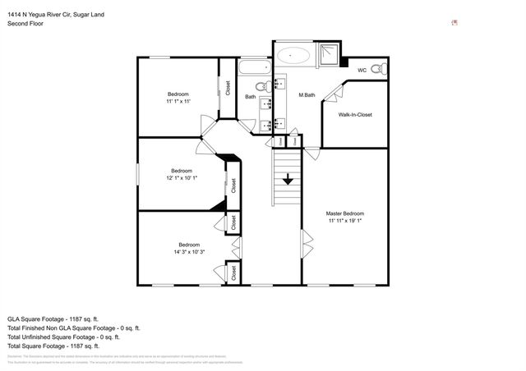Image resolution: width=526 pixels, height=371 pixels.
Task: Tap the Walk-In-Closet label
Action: [355, 115]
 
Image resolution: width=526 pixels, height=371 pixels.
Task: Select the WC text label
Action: [362, 71]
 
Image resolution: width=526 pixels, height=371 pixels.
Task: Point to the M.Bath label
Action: [307, 96]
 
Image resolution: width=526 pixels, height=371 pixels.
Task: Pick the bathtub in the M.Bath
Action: [293, 56]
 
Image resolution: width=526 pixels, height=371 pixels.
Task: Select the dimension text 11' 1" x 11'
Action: [178, 102]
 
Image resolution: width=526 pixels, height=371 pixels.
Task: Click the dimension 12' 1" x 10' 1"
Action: [181, 178]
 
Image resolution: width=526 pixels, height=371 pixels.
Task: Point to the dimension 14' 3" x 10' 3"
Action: [189, 252]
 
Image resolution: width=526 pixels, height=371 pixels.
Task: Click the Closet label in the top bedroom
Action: [228, 88]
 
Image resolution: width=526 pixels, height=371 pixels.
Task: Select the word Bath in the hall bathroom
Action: [251, 98]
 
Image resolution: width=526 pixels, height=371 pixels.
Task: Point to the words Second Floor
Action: [26, 23]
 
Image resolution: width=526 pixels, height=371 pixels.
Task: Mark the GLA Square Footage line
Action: [53, 318]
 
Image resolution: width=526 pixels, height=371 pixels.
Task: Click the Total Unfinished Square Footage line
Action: [63, 337]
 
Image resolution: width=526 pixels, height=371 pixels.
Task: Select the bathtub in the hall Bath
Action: [254, 66]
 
